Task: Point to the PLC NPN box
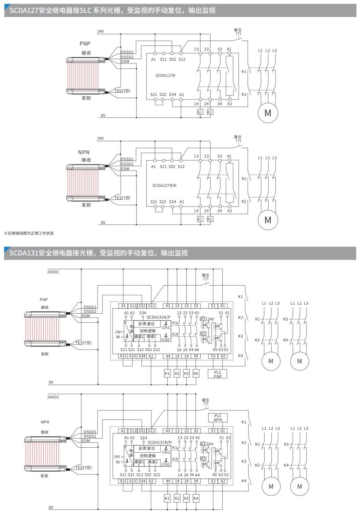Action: click(x=218, y=417)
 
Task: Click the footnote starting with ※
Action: click(x=29, y=233)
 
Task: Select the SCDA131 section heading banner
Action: click(x=180, y=253)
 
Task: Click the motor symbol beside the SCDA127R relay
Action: click(x=268, y=112)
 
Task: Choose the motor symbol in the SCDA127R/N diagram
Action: click(x=268, y=220)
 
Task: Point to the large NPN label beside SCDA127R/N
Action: click(x=85, y=153)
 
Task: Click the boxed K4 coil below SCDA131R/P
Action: click(x=196, y=373)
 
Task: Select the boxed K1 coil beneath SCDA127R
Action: click(x=200, y=112)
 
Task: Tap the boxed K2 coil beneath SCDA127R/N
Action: click(x=210, y=219)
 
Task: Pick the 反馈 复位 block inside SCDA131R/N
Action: click(x=147, y=448)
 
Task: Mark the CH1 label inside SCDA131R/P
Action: click(x=166, y=327)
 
